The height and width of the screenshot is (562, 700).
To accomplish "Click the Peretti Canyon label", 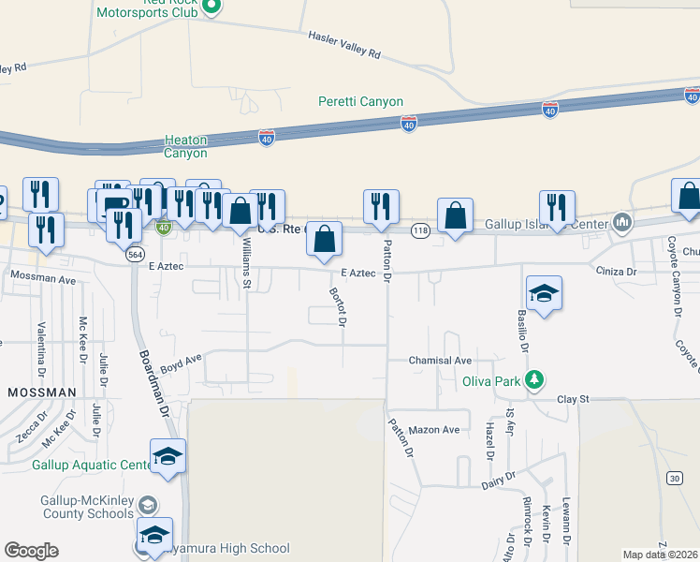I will (x=360, y=101).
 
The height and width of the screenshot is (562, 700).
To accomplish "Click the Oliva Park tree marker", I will (x=534, y=380).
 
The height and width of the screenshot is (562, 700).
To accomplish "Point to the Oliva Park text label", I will (x=491, y=381).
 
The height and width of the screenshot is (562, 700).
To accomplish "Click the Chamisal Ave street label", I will (x=440, y=361).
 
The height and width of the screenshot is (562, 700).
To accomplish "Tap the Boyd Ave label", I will (x=181, y=361).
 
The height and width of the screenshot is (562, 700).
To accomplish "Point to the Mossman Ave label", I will (x=42, y=279).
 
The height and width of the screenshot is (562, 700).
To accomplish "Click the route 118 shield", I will (x=420, y=229).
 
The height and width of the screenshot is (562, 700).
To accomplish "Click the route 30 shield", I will (x=674, y=479).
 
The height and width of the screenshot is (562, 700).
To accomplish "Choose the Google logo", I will (x=31, y=551).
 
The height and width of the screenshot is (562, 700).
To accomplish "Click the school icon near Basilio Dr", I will (x=544, y=293).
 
